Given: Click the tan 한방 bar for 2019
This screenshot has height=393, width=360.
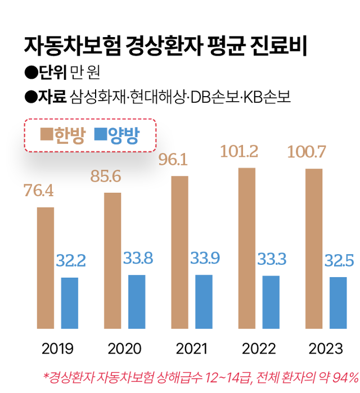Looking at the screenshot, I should point(46,268).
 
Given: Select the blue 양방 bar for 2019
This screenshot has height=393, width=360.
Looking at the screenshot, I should point(70,302).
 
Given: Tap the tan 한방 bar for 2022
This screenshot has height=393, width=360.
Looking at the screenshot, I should point(247,247).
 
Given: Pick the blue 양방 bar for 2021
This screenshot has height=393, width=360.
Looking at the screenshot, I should point(204,301).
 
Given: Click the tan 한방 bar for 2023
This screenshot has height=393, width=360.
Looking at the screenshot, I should point(314,248).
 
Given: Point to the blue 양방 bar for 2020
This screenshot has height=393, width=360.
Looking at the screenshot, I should point(137,301).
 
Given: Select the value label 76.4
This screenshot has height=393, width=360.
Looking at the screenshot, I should point(39,191).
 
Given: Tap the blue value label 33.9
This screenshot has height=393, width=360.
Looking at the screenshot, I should point(204,259).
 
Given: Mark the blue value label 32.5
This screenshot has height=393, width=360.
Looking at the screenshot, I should point(337,261).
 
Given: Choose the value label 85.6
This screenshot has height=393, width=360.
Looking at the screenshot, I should point(106,177).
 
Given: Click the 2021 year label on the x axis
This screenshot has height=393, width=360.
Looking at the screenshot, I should point(191,349).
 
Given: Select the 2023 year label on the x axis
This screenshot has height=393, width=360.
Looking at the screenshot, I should point(325,349).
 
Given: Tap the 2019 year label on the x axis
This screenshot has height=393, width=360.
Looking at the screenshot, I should point(57,349).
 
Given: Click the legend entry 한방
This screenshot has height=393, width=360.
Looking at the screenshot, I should point(62,135).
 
